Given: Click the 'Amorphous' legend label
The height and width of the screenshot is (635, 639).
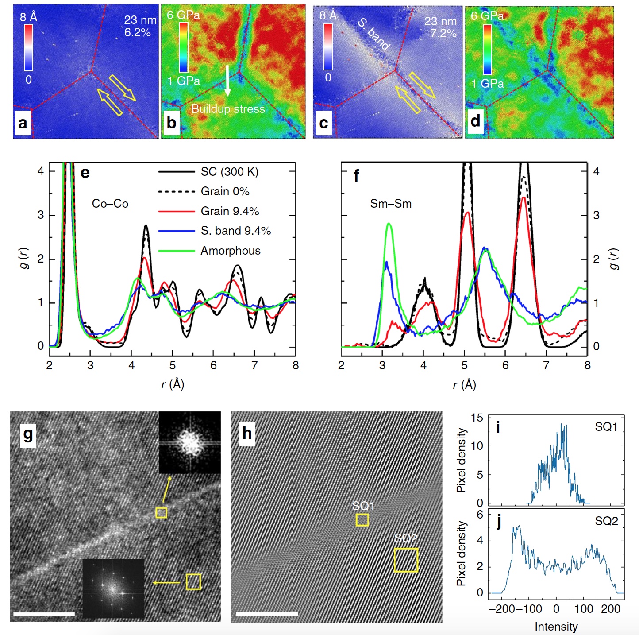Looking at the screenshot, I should pyautogui.click(x=231, y=251).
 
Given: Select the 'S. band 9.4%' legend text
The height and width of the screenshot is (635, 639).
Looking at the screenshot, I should pyautogui.click(x=235, y=231).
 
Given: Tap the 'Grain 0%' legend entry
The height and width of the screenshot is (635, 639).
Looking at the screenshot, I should pyautogui.click(x=225, y=191).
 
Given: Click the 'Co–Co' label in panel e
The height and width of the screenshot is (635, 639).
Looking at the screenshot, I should pyautogui.click(x=110, y=204).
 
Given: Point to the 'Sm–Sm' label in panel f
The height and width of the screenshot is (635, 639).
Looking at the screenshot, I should pyautogui.click(x=391, y=204).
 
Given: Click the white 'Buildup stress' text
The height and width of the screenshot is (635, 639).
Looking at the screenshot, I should pyautogui.click(x=228, y=109).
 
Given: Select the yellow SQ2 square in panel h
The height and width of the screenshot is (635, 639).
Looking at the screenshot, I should pyautogui.click(x=406, y=560).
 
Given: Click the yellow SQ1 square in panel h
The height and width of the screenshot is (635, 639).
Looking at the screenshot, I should pyautogui.click(x=362, y=519).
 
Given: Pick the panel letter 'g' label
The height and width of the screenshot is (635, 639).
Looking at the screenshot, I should pyautogui.click(x=28, y=434).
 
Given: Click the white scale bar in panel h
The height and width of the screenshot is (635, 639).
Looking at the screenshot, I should pyautogui.click(x=267, y=614).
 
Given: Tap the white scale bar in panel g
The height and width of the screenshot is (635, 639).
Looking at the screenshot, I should pyautogui.click(x=44, y=614).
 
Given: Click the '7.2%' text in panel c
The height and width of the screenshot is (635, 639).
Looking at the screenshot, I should pyautogui.click(x=443, y=33).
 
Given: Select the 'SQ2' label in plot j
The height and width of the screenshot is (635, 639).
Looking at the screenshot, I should pyautogui.click(x=606, y=521).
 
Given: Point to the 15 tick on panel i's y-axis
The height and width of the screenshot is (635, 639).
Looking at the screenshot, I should pyautogui.click(x=477, y=418).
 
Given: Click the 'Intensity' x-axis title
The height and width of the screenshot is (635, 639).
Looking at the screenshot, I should pyautogui.click(x=556, y=627).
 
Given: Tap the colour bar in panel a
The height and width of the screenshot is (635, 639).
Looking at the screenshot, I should pyautogui.click(x=28, y=47).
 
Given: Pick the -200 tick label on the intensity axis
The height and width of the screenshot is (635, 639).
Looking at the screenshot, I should pyautogui.click(x=502, y=609).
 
